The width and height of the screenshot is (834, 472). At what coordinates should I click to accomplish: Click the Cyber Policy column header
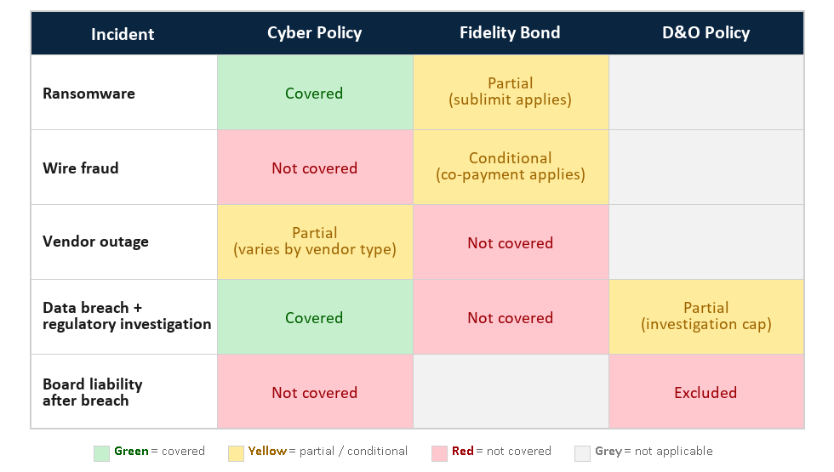(314, 33)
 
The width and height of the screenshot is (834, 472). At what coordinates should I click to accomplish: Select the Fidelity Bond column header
(510, 33)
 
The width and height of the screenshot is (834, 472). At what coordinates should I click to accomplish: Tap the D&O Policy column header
(705, 33)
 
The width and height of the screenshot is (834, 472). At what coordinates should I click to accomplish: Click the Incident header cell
(123, 34)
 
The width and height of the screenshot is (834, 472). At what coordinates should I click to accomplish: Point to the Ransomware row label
(89, 94)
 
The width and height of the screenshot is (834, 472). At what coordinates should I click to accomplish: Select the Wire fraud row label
(81, 168)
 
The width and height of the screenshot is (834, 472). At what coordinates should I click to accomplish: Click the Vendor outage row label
(95, 242)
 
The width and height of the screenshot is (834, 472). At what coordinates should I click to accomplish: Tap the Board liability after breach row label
(93, 392)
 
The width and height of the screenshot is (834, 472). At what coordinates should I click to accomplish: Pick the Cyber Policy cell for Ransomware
(314, 94)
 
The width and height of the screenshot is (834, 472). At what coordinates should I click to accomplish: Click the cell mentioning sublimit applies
(510, 92)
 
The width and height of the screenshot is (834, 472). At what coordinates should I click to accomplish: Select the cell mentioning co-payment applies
(510, 167)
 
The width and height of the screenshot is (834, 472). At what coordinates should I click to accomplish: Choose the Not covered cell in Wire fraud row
(314, 168)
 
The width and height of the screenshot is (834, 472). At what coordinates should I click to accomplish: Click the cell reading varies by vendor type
(314, 242)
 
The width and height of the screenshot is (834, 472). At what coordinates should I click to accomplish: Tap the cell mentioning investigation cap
(705, 316)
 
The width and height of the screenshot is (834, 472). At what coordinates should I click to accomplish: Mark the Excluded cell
(705, 393)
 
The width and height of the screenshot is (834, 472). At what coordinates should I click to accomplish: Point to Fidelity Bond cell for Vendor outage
(510, 243)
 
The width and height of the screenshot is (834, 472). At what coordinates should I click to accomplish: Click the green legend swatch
(101, 452)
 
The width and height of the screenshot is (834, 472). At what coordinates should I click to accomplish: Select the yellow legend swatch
(236, 452)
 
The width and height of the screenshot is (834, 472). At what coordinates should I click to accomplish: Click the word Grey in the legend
(608, 452)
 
